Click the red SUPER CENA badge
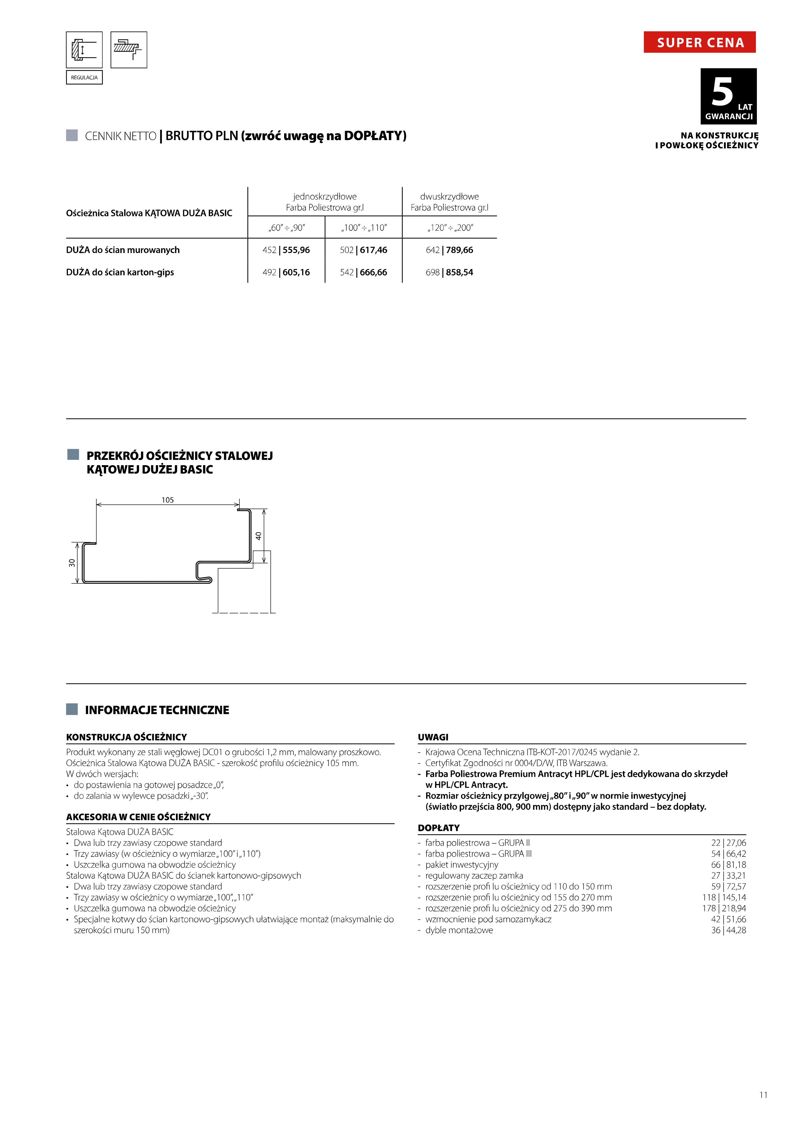(699, 42)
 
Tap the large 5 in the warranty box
(722, 91)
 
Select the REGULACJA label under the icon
(84, 78)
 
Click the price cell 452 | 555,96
(286, 250)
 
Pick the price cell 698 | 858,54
(449, 273)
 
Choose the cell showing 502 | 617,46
(364, 250)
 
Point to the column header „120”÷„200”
(449, 227)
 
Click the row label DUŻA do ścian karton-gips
(120, 273)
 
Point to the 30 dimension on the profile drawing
(72, 563)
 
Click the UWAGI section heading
(433, 737)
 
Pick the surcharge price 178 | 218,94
(724, 908)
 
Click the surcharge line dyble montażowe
(459, 930)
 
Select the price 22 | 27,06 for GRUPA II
(728, 843)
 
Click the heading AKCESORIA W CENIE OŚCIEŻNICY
(139, 817)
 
